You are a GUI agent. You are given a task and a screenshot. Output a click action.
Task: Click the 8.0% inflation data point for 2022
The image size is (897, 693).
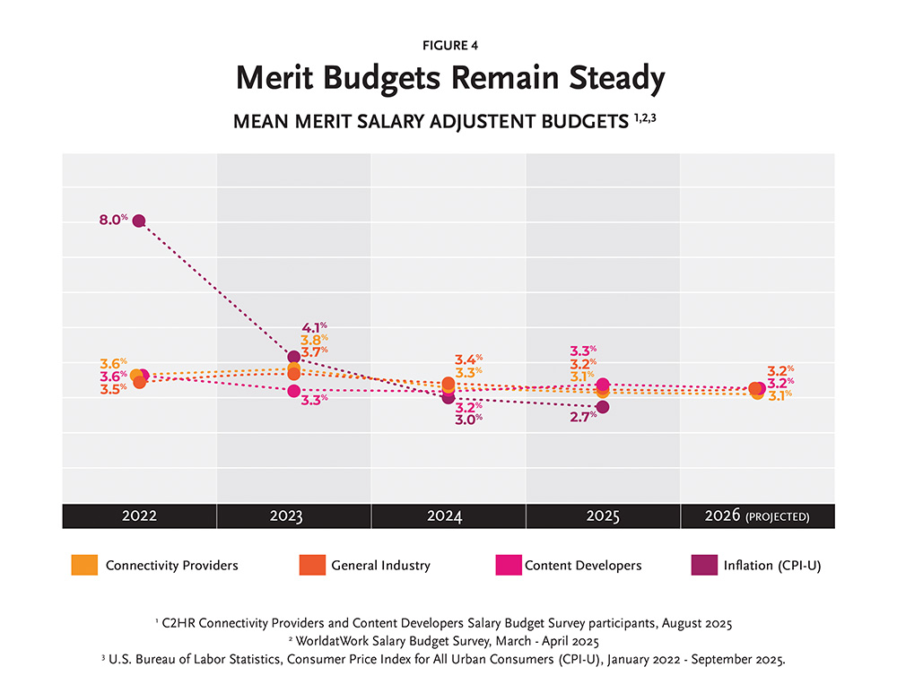(138, 221)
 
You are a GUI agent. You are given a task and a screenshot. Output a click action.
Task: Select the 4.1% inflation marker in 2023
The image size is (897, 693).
(293, 357)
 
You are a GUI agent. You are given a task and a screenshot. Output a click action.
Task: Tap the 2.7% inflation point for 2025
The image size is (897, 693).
(602, 407)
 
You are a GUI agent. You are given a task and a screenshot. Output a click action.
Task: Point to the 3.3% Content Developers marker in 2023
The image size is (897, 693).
(293, 391)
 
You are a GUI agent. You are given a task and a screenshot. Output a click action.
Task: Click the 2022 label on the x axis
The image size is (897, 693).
(139, 516)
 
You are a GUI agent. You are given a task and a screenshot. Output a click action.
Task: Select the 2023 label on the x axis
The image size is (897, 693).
(293, 516)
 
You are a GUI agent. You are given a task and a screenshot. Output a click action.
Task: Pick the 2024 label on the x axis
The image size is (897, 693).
(448, 516)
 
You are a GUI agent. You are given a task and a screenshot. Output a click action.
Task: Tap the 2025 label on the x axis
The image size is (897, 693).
(602, 516)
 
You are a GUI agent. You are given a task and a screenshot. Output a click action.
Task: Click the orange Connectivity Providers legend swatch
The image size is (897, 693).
(83, 566)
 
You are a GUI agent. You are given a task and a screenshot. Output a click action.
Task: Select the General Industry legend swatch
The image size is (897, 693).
(309, 566)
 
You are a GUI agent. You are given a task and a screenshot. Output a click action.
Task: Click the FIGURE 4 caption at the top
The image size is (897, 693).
(448, 45)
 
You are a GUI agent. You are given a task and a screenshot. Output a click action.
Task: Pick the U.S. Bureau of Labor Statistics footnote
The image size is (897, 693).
(448, 660)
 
